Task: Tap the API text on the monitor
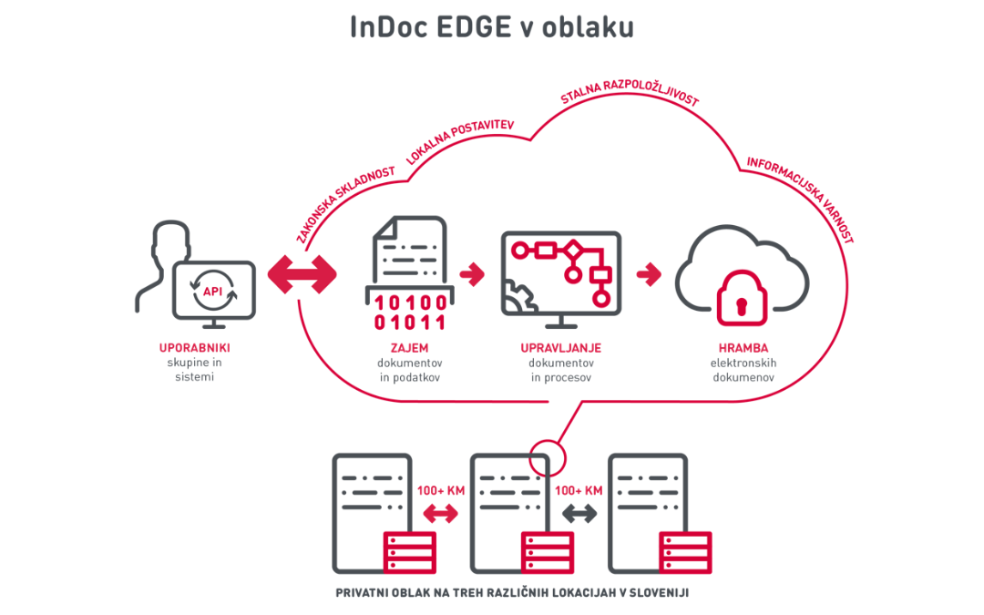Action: pyautogui.click(x=212, y=292)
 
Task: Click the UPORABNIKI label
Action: pyautogui.click(x=193, y=348)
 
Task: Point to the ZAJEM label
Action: pyautogui.click(x=409, y=348)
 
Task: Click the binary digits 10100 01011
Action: pyautogui.click(x=409, y=312)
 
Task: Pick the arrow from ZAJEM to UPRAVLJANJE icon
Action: pyautogui.click(x=472, y=272)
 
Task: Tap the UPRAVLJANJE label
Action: pyautogui.click(x=560, y=348)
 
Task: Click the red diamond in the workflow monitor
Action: pyautogui.click(x=574, y=247)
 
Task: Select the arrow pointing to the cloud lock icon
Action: pyautogui.click(x=649, y=272)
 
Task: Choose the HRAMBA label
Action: pyautogui.click(x=743, y=348)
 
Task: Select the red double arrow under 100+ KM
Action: pyautogui.click(x=441, y=515)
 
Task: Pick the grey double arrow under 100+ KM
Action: pyautogui.click(x=579, y=515)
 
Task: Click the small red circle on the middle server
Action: pyautogui.click(x=547, y=453)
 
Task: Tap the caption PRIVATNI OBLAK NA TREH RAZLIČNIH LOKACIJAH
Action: pyautogui.click(x=511, y=592)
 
